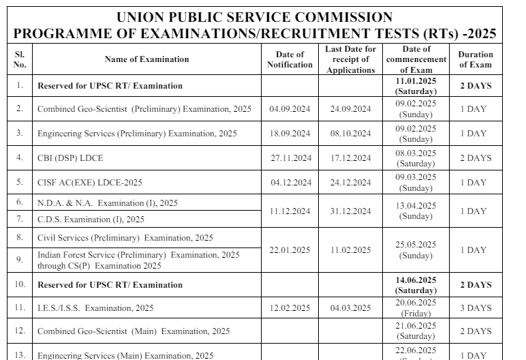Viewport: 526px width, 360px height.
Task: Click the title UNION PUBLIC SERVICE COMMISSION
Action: (255, 17)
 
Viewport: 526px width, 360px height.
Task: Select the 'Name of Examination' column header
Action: (146, 59)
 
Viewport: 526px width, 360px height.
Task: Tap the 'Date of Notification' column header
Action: (290, 59)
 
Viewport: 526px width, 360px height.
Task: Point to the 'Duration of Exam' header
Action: (475, 59)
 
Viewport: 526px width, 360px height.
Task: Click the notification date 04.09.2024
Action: (290, 109)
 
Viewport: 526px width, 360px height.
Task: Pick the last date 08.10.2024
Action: (350, 134)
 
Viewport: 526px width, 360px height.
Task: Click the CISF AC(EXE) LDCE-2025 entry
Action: (86, 183)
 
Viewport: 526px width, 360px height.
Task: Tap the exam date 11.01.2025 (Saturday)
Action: (416, 86)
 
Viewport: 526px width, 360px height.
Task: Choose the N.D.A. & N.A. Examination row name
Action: (107, 203)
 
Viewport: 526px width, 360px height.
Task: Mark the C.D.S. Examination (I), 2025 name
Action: (91, 220)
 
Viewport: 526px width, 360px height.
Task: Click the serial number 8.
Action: (20, 237)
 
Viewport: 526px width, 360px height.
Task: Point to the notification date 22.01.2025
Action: (290, 250)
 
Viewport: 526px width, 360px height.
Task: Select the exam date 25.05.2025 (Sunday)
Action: (416, 250)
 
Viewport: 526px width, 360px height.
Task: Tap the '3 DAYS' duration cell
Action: (475, 308)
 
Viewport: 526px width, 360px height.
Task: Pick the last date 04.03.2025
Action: (350, 308)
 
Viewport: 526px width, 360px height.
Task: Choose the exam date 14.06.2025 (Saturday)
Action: (416, 285)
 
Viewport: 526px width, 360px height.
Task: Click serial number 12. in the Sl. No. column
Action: (20, 331)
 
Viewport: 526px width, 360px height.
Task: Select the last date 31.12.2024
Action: (350, 211)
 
